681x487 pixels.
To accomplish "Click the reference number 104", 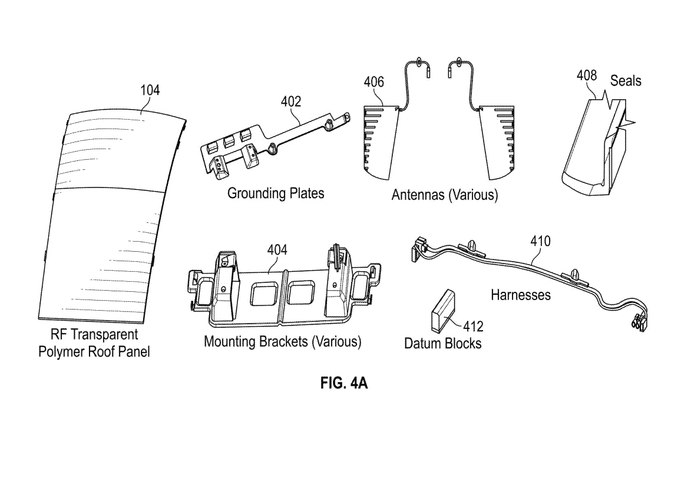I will click(150, 90).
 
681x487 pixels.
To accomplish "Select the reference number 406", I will click(373, 82).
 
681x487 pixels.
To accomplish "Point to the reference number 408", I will click(586, 75).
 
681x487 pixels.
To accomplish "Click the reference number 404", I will click(277, 250).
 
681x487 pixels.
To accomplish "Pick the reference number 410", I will click(540, 241).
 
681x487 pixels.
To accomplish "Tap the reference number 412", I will click(473, 325).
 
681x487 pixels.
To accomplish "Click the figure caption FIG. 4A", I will click(344, 383).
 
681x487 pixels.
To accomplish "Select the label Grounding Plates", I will click(276, 193).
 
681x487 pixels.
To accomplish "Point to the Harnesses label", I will click(521, 294).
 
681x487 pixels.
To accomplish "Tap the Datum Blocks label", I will click(442, 343).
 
